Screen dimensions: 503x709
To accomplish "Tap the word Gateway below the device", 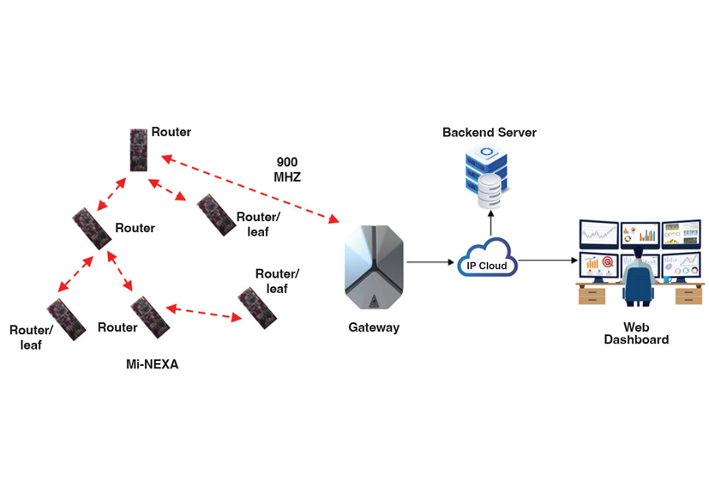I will [373, 327].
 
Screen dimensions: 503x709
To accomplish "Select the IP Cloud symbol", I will [487, 261].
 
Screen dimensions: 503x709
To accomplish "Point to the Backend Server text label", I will [489, 133].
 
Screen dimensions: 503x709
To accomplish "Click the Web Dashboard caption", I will [636, 333].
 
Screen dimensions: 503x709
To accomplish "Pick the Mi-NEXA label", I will [152, 364].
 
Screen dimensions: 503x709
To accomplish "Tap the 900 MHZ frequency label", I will [288, 169].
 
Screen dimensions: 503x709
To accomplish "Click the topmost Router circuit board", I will [140, 149].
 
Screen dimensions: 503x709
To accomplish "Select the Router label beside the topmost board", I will [171, 132].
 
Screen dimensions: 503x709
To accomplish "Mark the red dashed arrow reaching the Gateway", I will [249, 189].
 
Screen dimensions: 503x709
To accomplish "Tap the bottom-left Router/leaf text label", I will [32, 338].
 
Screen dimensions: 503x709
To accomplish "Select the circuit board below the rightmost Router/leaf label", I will [256, 307].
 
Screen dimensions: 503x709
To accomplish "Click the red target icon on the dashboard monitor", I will [608, 261].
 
